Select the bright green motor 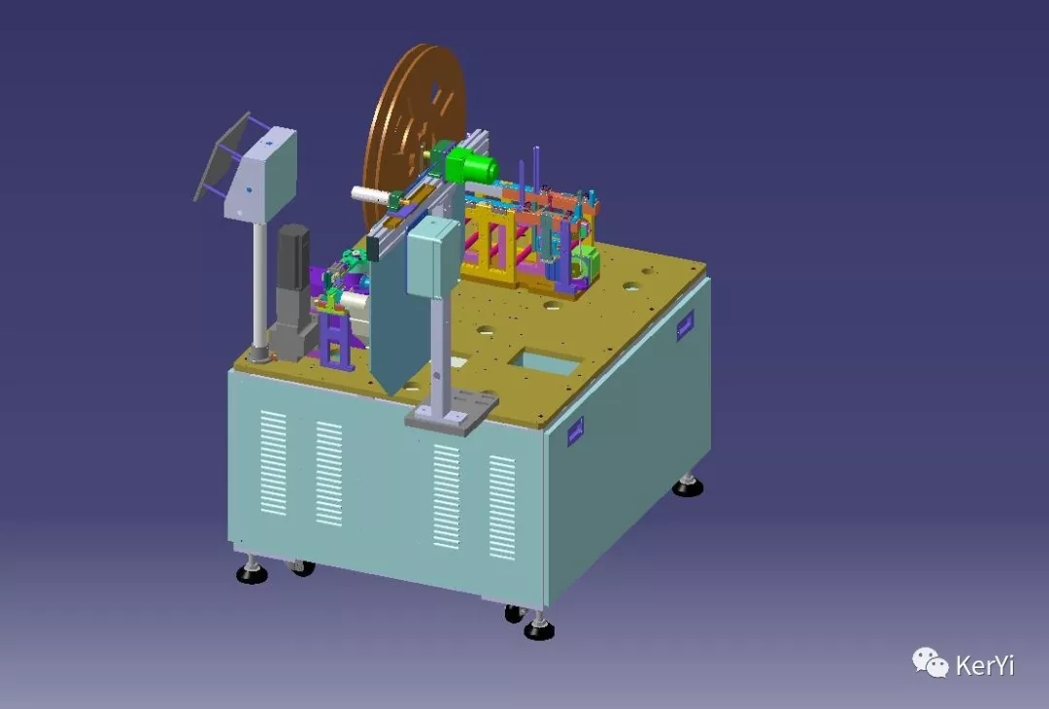[472, 165]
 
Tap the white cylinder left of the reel [371, 195]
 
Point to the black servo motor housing [293, 256]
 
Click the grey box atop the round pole [262, 175]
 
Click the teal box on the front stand [433, 257]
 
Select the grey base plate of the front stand [452, 412]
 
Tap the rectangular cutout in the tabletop [546, 362]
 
